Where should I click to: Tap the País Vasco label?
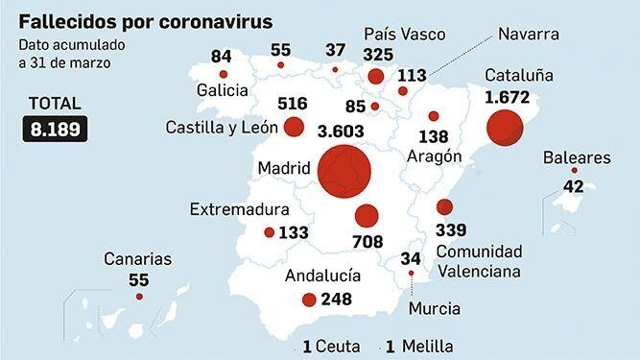(405, 34)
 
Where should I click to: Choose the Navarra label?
(530, 34)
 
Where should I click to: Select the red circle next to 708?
(366, 216)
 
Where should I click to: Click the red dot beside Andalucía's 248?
(309, 300)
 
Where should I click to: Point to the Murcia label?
(434, 308)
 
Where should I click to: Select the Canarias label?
(140, 259)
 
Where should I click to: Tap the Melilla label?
(428, 347)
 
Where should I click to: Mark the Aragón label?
(435, 156)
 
